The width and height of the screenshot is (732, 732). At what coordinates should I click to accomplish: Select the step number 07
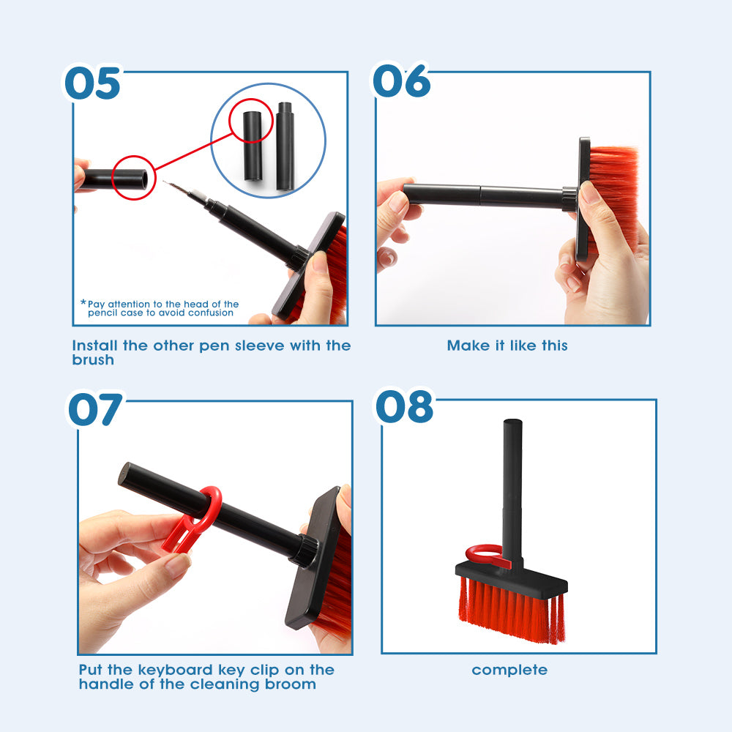point(96,410)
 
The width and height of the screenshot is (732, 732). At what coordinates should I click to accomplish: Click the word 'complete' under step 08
point(509,670)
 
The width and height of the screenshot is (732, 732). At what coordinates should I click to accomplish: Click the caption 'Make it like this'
point(507,346)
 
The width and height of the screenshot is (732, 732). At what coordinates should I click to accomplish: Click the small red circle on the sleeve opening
point(133,178)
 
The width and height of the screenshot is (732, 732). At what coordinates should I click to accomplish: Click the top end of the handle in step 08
point(512,424)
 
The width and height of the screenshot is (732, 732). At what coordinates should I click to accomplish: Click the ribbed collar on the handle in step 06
point(569,198)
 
